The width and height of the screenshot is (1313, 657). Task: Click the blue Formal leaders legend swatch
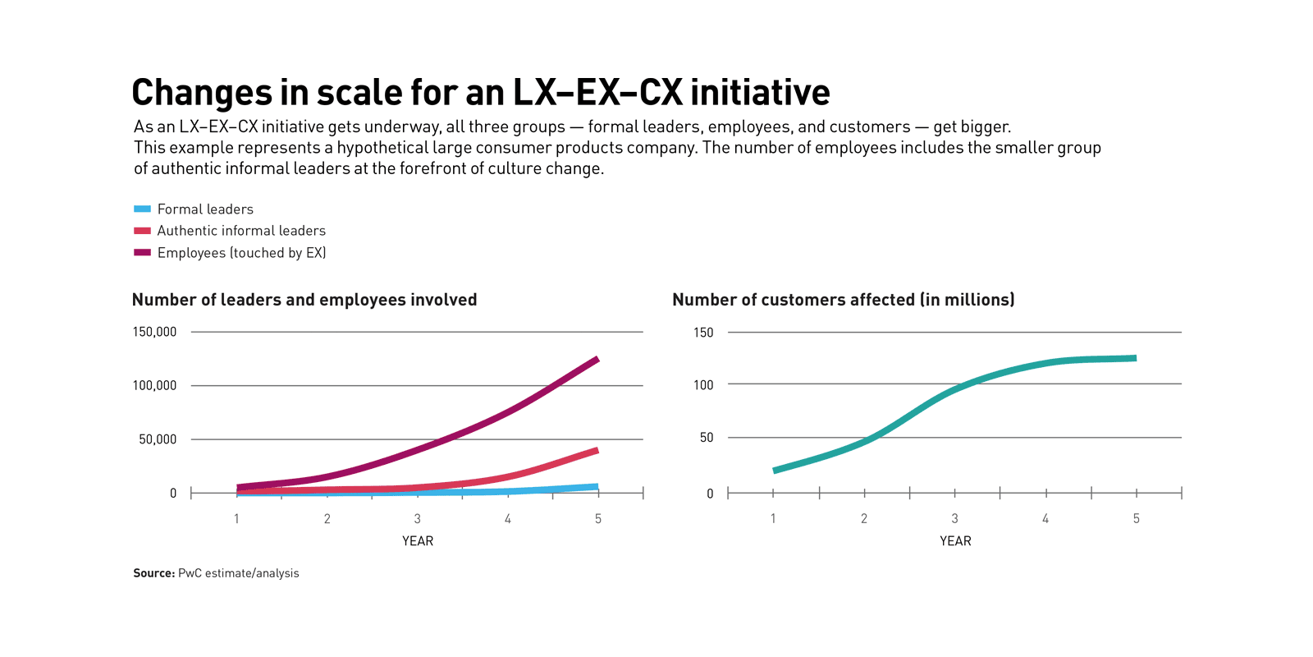click(142, 209)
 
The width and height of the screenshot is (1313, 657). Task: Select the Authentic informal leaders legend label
click(241, 231)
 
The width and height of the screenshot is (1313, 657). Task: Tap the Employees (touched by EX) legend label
click(241, 253)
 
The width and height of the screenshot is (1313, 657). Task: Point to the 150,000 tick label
click(154, 332)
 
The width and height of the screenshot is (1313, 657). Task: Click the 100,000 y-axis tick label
click(154, 385)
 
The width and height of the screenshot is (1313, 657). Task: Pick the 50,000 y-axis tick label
click(158, 439)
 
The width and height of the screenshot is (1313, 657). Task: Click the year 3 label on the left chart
click(418, 519)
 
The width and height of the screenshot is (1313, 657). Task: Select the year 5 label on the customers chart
click(1137, 519)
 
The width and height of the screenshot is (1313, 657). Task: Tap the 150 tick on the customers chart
click(703, 333)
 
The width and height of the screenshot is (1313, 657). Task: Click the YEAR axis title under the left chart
click(418, 541)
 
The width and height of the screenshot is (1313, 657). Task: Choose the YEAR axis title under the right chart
click(955, 541)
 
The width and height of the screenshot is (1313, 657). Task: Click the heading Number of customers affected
click(843, 300)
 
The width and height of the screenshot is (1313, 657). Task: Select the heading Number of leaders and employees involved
click(304, 300)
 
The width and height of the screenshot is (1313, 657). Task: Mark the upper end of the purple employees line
click(597, 360)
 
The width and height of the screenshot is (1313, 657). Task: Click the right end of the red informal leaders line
click(597, 450)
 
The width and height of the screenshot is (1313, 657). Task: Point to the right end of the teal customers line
click(1135, 358)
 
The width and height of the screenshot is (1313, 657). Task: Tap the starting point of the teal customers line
click(775, 471)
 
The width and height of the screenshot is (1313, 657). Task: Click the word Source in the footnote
click(153, 573)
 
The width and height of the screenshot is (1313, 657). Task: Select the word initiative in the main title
click(760, 92)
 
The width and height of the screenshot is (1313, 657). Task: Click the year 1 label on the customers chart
click(773, 519)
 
